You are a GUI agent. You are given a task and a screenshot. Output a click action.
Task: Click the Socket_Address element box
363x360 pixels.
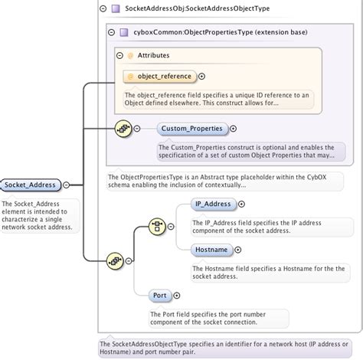pos(31,185)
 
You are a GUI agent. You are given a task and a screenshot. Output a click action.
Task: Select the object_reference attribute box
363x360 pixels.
pos(160,77)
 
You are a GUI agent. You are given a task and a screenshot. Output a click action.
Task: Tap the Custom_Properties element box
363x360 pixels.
pos(192,129)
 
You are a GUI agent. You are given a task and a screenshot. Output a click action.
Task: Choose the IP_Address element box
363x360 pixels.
pos(214,204)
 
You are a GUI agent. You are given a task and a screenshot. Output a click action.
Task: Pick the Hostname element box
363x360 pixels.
pos(211,250)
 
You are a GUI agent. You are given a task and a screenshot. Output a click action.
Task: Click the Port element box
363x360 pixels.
pos(160,296)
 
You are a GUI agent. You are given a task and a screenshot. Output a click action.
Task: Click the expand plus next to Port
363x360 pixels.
pos(177,296)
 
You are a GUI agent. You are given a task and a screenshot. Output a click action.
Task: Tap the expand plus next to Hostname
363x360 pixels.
pos(238,250)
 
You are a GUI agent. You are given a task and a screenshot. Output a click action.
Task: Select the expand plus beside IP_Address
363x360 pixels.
pos(241,204)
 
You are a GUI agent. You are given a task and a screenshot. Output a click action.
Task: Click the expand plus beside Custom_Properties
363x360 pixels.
pos(233,129)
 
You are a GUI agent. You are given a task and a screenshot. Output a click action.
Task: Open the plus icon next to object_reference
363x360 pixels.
pos(201,77)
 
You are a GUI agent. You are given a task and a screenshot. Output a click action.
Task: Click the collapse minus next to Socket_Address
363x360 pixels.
pos(67,185)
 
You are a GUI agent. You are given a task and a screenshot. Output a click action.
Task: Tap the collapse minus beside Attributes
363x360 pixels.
pos(119,55)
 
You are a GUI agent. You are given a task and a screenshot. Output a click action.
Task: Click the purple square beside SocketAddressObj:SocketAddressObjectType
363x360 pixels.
pos(116,8)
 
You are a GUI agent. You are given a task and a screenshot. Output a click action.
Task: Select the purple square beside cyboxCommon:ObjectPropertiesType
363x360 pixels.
pos(124,32)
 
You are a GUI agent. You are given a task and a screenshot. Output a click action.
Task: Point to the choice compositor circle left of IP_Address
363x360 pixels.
pos(157,227)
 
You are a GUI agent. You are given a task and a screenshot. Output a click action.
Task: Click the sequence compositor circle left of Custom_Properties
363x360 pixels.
pos(123,129)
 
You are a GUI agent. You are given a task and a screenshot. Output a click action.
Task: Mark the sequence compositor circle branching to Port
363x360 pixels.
pos(115,260)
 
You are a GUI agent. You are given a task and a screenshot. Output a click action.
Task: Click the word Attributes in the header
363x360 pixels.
pos(153,55)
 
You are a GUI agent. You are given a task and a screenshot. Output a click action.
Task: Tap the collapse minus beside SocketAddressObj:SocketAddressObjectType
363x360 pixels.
pos(103,8)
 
